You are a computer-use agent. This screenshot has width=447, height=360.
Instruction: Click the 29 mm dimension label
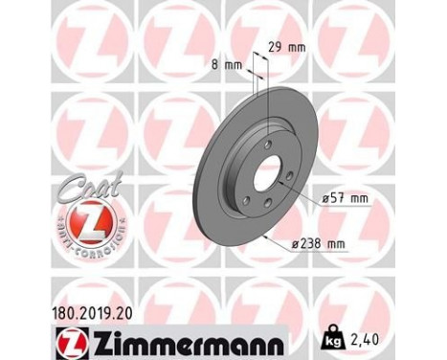tap(290, 45)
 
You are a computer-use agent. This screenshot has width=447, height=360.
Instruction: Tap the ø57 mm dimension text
tap(346, 197)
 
